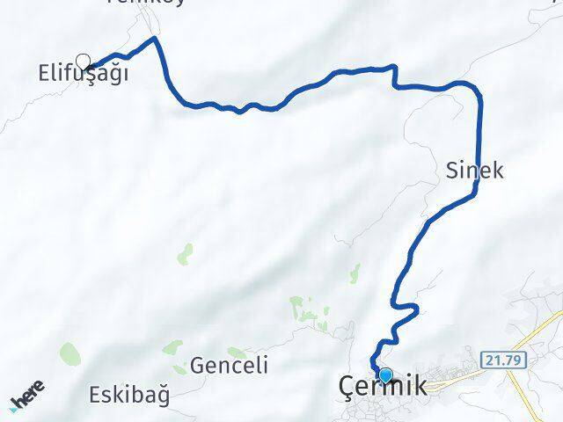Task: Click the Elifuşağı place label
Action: [84, 73]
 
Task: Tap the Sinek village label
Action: [474, 171]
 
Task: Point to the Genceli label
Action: [229, 366]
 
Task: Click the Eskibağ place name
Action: [130, 394]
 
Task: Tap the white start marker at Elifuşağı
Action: [84, 61]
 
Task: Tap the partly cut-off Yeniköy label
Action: [132, 3]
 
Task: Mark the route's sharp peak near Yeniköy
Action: [156, 38]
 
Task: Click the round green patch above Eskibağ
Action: [69, 354]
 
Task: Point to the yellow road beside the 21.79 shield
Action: [537, 338]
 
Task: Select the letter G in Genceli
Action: [198, 366]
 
